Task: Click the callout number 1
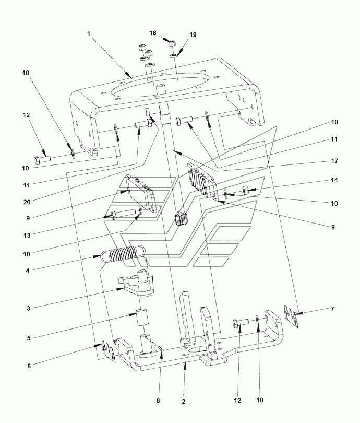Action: [x=89, y=34]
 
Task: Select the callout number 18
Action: [x=153, y=33]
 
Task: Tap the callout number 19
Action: [x=193, y=34]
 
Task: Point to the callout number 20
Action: [x=27, y=202]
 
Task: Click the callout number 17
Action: [x=334, y=161]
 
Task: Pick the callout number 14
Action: [x=334, y=180]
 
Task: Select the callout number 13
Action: [x=27, y=235]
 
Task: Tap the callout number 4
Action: [x=28, y=271]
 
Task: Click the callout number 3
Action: [x=28, y=308]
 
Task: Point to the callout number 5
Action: [x=29, y=338]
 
